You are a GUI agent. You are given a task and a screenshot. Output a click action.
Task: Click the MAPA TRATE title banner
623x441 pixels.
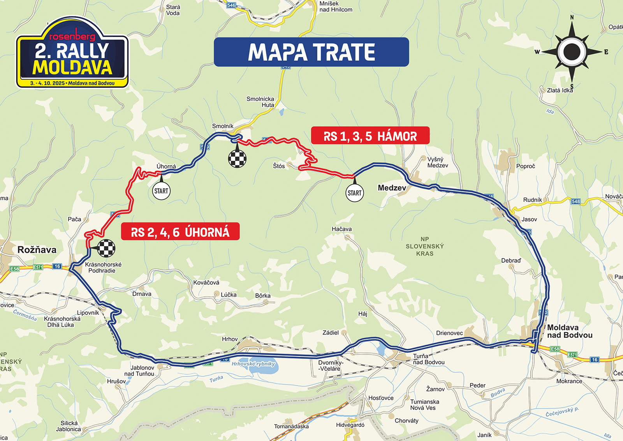[x=311, y=52]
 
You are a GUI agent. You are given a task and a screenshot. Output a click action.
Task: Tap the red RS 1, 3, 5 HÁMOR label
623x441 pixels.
[x=370, y=136]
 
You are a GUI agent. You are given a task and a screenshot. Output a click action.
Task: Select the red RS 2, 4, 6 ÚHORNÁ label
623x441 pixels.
[x=180, y=232]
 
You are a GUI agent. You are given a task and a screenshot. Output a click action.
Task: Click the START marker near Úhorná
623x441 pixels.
[x=161, y=191]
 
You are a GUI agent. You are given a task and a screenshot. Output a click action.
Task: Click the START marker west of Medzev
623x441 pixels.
[x=354, y=193]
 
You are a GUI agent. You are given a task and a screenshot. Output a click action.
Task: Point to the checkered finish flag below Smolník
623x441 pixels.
[x=237, y=159]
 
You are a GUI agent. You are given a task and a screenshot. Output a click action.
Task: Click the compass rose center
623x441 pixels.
[x=572, y=51]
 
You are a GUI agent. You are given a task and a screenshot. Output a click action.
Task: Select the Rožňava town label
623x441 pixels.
[x=37, y=250]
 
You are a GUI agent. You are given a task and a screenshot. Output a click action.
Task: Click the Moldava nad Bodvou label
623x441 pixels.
[x=570, y=331]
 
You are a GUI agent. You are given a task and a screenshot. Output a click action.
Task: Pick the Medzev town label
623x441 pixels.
[x=392, y=188]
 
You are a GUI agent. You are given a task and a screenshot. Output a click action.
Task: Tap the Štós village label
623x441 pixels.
[x=279, y=166]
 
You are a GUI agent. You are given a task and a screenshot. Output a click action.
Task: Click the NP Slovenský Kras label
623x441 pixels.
[x=424, y=246]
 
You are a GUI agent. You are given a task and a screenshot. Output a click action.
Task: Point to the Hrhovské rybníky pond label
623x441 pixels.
[x=253, y=364]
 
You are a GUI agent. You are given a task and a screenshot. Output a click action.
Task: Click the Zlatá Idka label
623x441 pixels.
[x=560, y=90]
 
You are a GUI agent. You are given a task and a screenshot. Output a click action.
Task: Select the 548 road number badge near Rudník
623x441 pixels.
[x=575, y=201]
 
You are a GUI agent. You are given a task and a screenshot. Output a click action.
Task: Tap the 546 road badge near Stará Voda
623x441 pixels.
[x=231, y=5]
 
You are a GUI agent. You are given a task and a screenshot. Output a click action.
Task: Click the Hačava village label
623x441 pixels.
[x=341, y=229]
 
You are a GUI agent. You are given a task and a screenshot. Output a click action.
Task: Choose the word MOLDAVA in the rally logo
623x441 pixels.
[x=72, y=67]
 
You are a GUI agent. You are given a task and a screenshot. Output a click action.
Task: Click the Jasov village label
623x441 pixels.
[x=529, y=219]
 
